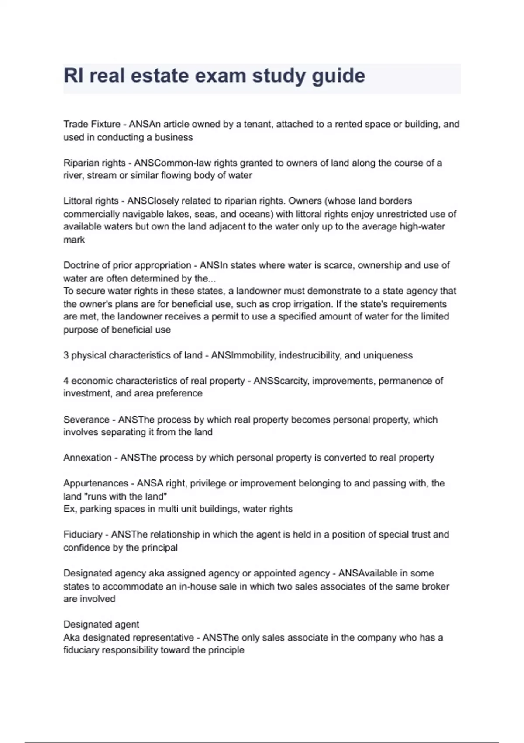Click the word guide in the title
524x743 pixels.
point(338,76)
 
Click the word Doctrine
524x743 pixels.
point(82,265)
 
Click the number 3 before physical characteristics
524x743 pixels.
point(66,355)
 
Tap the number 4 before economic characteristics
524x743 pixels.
point(66,381)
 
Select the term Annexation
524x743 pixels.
point(87,458)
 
